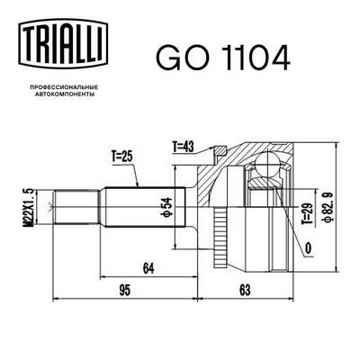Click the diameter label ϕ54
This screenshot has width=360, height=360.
(167, 209)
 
